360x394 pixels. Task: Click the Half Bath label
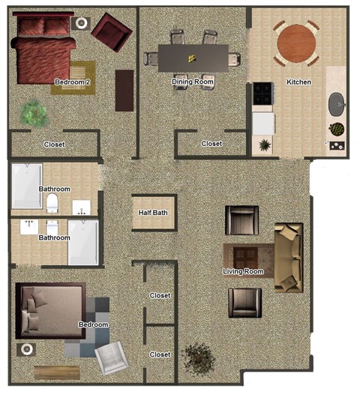(x=153, y=213)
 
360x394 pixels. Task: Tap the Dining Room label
(x=193, y=82)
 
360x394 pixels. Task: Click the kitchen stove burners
(x=263, y=93)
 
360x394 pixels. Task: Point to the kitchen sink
(x=337, y=103)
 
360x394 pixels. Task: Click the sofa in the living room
(x=288, y=256)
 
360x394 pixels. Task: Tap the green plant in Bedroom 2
(x=32, y=112)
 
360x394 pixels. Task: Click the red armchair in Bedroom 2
(x=110, y=31)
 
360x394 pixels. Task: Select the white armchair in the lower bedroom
(x=112, y=357)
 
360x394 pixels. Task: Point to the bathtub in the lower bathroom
(x=82, y=242)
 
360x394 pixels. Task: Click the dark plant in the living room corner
(x=199, y=357)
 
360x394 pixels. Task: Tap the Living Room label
(x=243, y=271)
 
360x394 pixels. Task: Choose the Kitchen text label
(x=298, y=82)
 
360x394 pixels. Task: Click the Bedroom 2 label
(x=73, y=82)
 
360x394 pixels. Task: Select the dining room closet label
(x=211, y=144)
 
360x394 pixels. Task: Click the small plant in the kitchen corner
(x=264, y=145)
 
